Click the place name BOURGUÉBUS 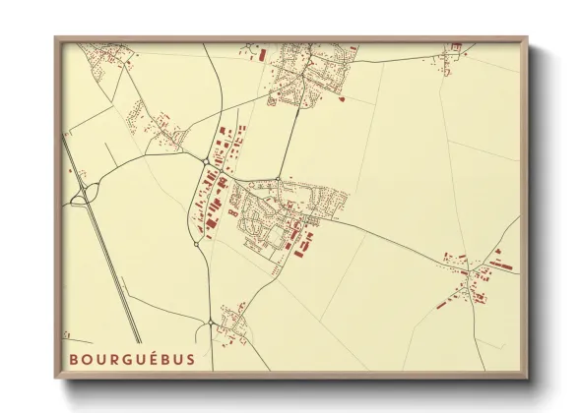click(x=131, y=359)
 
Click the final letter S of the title click(x=190, y=359)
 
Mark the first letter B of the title click(x=74, y=359)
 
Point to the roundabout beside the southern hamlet click(x=212, y=323)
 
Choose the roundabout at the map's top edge click(x=254, y=47)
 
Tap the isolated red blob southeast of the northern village click(x=341, y=98)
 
